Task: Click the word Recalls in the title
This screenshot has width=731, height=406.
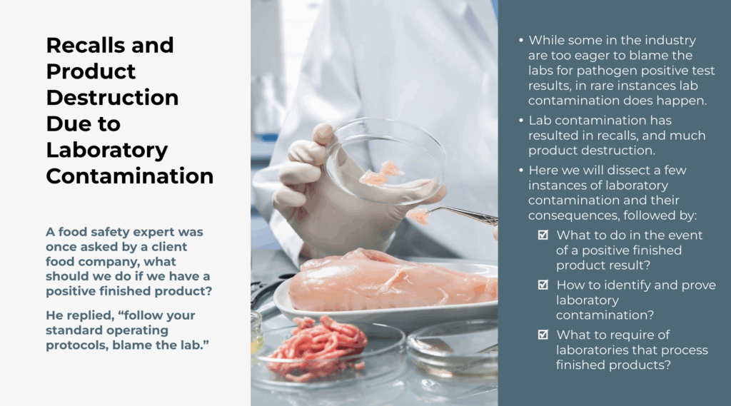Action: click(x=86, y=45)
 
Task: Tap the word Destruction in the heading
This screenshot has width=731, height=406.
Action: click(x=112, y=98)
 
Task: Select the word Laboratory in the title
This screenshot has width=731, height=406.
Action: click(x=107, y=150)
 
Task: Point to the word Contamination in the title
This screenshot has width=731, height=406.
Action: click(x=130, y=176)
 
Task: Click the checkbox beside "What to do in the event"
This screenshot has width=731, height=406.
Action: click(x=543, y=235)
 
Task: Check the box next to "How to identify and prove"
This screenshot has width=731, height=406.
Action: click(x=543, y=284)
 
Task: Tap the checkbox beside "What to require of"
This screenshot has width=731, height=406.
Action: click(x=543, y=334)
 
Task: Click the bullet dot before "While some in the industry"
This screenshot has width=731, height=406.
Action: click(x=521, y=41)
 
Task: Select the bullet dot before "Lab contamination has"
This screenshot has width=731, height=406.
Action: click(x=521, y=121)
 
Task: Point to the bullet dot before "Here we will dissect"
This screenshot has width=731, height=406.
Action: click(x=521, y=171)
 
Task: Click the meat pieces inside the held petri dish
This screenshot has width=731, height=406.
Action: click(x=381, y=173)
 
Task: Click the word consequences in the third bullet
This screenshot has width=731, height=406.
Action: click(x=573, y=215)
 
